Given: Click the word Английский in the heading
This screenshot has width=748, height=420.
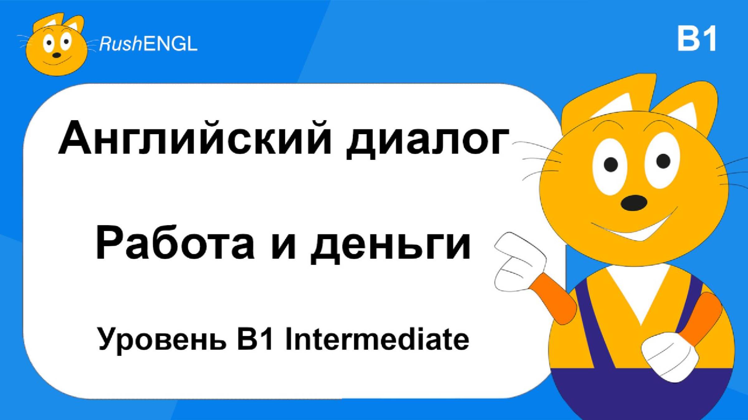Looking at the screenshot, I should (x=195, y=138).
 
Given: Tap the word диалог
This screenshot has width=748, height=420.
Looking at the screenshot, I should (x=427, y=140).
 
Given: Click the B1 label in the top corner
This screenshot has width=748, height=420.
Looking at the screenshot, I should (x=697, y=39).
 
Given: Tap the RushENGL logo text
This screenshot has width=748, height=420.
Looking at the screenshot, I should (x=148, y=44).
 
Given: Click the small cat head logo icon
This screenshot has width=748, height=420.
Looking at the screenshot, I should (x=56, y=45).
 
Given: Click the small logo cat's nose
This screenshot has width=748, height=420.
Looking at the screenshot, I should (x=56, y=55).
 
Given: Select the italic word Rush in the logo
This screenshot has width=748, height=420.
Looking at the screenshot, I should (x=120, y=44).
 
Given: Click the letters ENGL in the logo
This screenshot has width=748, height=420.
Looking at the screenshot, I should (x=170, y=44).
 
